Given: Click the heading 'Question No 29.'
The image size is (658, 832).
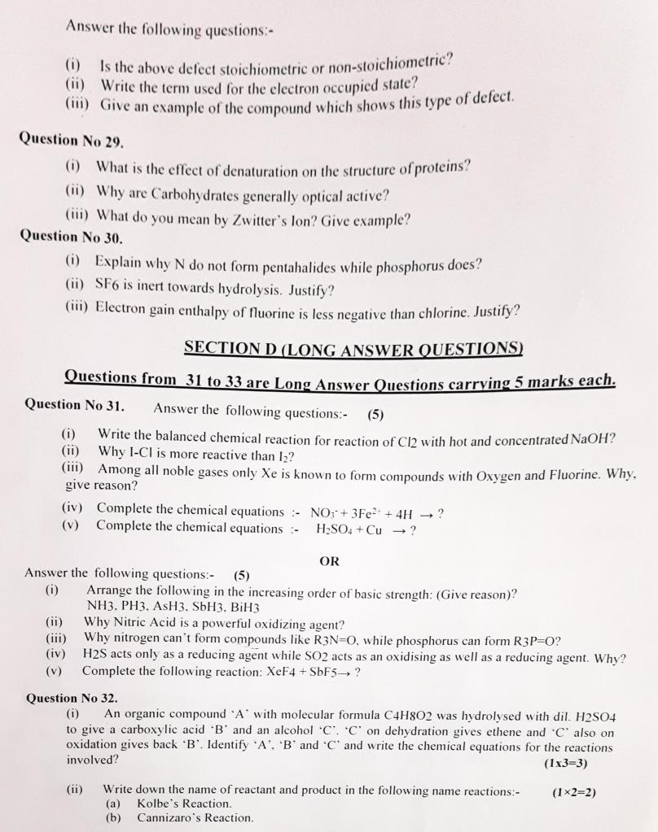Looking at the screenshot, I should click(x=71, y=139).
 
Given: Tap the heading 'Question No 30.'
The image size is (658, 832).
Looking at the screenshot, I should click(x=71, y=237).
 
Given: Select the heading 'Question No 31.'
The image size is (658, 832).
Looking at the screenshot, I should click(x=74, y=404).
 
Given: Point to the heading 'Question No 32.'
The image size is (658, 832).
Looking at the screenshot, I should click(x=72, y=698).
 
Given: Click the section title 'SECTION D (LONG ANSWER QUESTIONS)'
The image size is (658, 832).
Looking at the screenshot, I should click(x=353, y=348).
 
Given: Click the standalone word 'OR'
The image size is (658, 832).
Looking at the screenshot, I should click(x=330, y=561).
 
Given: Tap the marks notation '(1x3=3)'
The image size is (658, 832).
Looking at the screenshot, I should click(x=564, y=764).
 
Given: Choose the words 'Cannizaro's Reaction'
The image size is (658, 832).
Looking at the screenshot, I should click(x=195, y=818).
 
